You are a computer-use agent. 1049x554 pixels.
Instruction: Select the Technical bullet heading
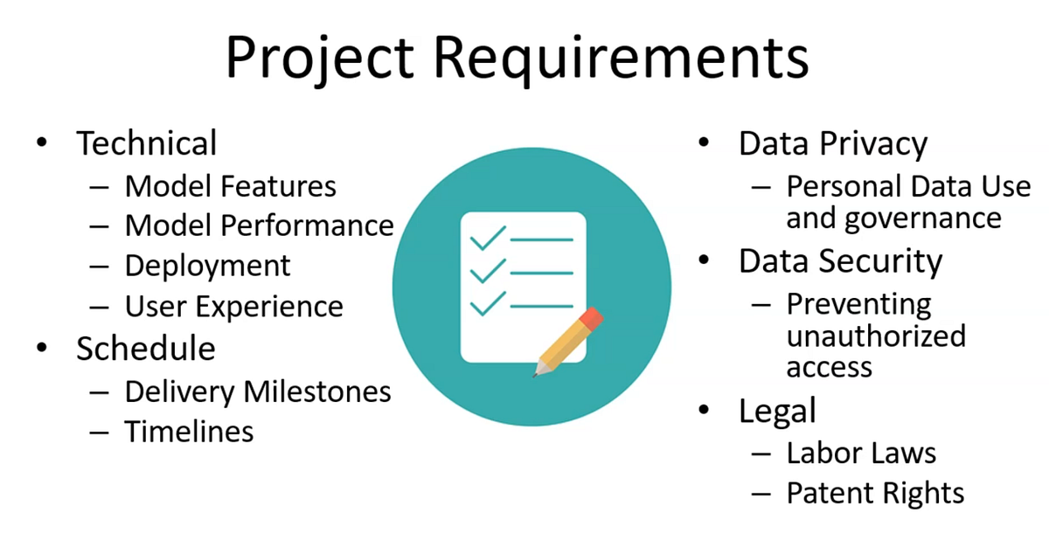coord(146,143)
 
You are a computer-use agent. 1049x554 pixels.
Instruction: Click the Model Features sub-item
coord(230,186)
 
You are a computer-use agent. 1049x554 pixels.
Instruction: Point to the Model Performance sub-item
coord(259,225)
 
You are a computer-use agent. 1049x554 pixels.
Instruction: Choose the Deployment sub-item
coord(207,266)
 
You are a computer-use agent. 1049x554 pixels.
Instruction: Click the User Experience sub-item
coord(233,306)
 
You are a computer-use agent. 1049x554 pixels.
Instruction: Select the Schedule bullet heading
coord(145,348)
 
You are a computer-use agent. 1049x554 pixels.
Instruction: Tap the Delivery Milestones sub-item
coord(257,391)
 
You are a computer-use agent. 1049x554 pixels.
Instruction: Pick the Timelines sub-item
coord(189,432)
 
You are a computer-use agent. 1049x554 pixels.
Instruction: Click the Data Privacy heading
coord(832,143)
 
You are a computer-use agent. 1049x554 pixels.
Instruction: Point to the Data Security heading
coord(840,261)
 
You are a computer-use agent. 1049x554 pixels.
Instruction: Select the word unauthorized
coord(876,336)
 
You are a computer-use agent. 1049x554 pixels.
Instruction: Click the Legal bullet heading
coord(777,410)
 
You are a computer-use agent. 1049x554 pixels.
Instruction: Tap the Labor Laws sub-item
coord(861,453)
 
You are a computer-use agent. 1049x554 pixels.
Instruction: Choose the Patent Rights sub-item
coord(875,493)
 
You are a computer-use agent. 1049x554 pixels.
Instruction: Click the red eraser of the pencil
coord(590,318)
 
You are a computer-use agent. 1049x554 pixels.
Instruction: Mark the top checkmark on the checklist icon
coord(488,237)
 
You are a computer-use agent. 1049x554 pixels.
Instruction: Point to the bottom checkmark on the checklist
coord(488,302)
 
